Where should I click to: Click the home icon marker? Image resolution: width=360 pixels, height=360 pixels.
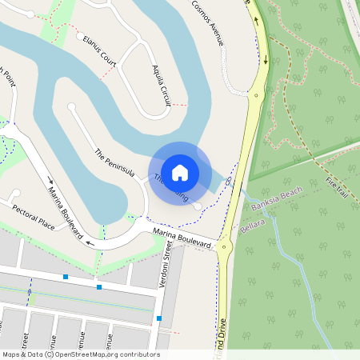tap(180, 172)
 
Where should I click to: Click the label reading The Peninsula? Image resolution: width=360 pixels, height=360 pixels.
tap(114, 163)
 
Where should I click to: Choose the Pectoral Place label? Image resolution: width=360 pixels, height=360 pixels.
tap(34, 217)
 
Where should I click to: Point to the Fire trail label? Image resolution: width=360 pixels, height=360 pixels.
tap(339, 189)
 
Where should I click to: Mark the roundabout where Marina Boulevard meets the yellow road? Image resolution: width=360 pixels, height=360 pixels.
tap(223, 247)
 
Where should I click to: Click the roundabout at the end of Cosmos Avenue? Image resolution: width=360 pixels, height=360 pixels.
tap(256, 94)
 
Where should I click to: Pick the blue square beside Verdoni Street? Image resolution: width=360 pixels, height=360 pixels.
tap(159, 318)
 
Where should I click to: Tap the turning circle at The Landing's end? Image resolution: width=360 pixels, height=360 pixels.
tap(198, 207)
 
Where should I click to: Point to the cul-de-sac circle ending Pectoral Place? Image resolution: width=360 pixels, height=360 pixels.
tap(14, 193)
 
